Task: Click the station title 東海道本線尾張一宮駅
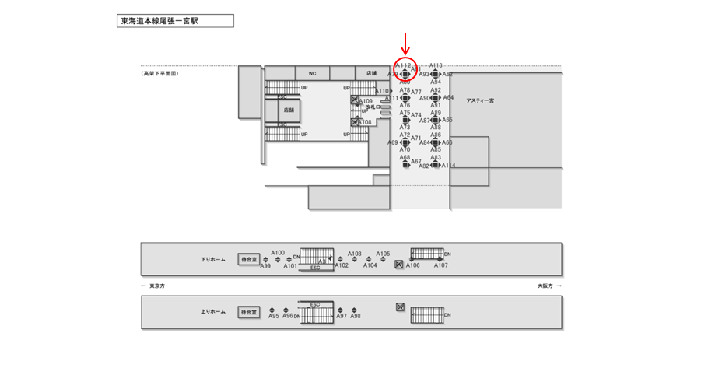[159, 21]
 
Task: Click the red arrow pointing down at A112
[405, 44]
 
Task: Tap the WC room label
[312, 73]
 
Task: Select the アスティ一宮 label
[480, 100]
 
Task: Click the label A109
[366, 101]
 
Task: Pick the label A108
[364, 122]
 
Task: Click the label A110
[381, 91]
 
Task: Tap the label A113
[436, 66]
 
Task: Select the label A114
[449, 165]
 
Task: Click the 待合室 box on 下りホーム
[248, 259]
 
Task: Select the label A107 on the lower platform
[441, 265]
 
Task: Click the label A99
[265, 266]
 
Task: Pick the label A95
[274, 316]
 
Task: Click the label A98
[355, 316]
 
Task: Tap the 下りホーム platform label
[212, 258]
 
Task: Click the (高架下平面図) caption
[160, 73]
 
